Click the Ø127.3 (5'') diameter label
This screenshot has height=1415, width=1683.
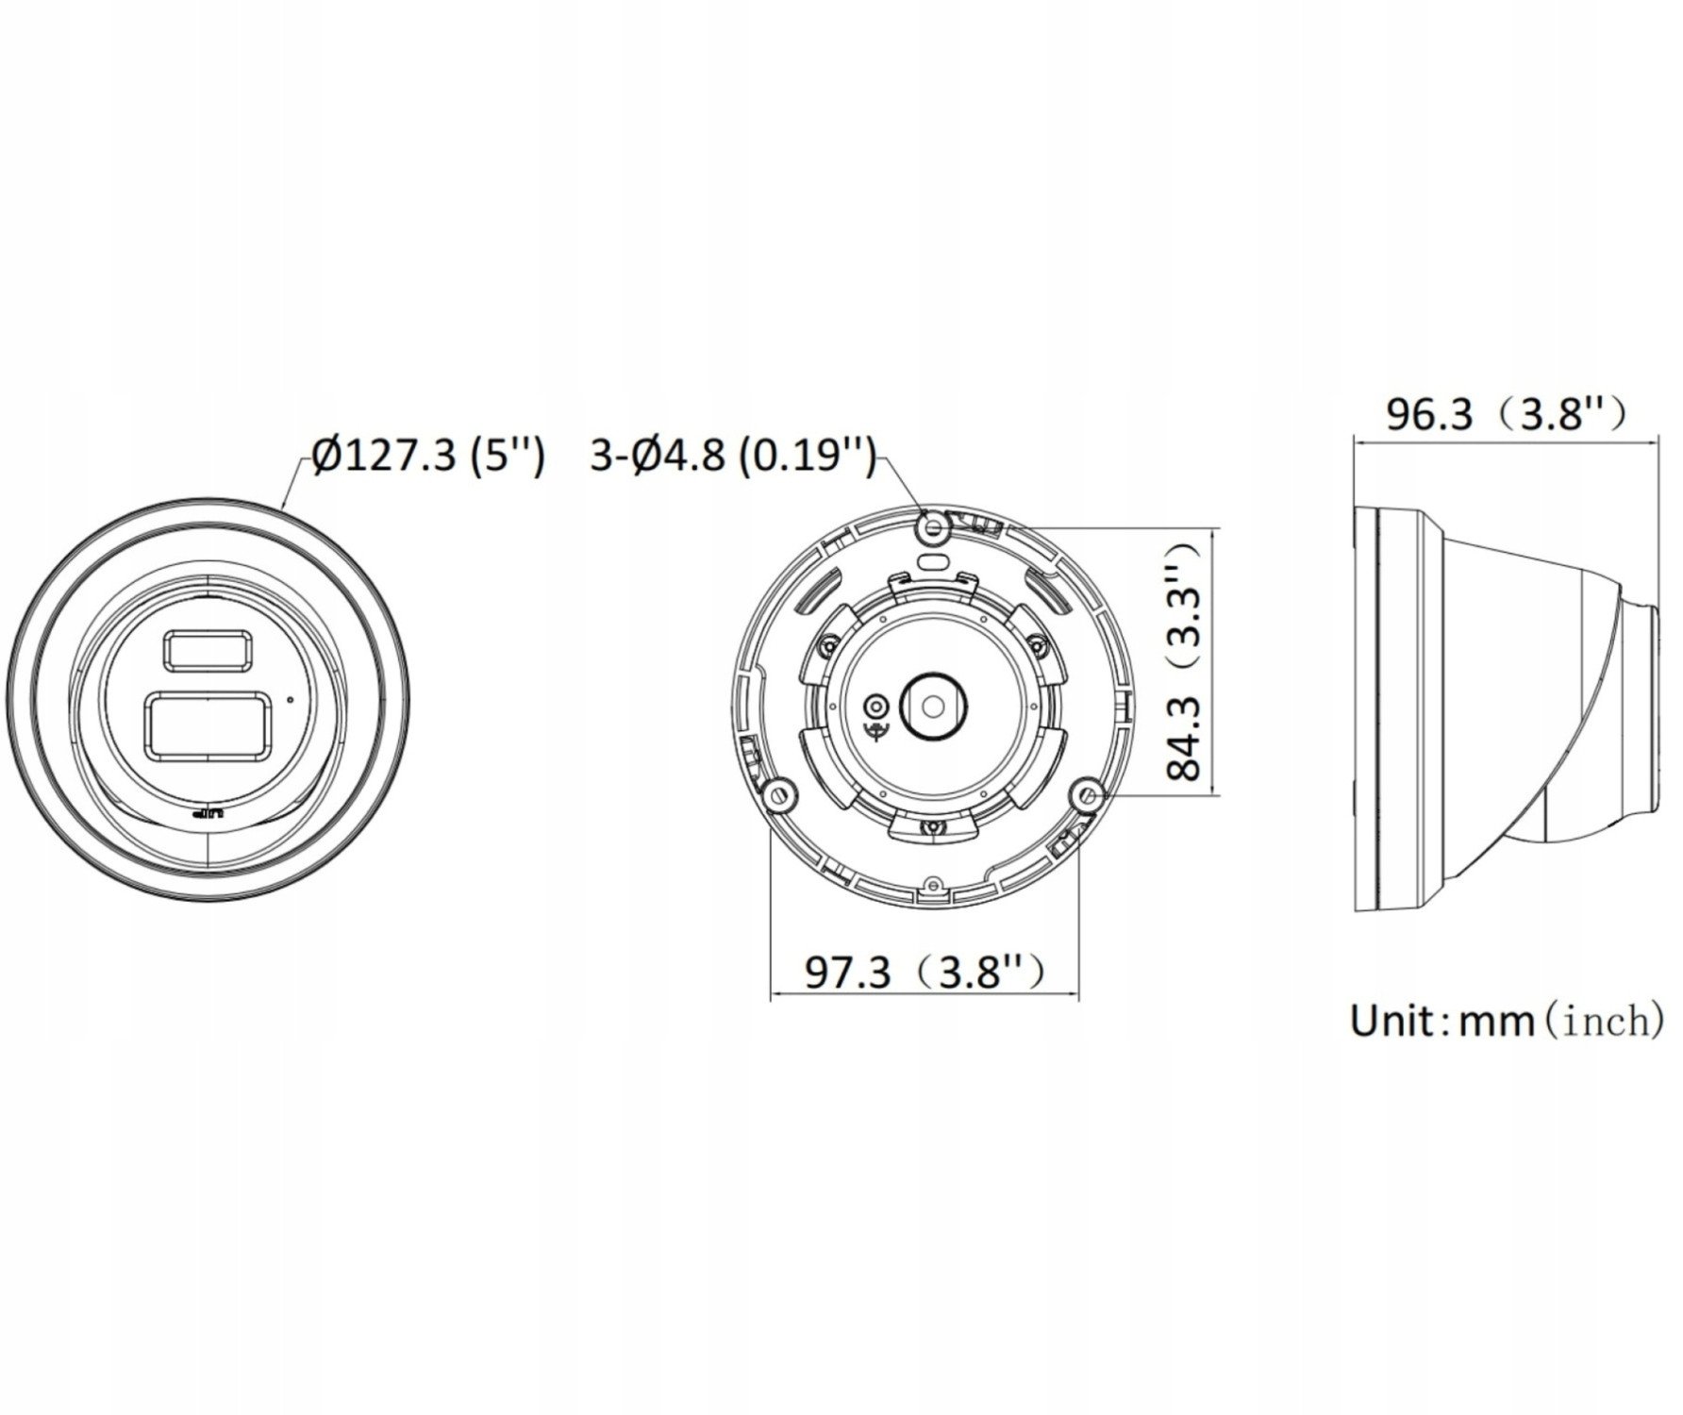click(x=428, y=457)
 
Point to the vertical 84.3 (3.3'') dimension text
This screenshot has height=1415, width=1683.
click(x=1185, y=660)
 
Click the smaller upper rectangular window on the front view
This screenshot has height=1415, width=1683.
click(x=208, y=651)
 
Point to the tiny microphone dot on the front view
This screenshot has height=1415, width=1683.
click(x=290, y=700)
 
